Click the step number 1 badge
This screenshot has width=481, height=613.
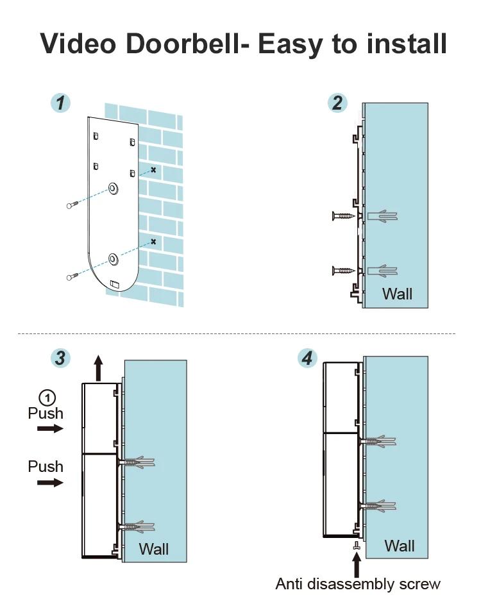click(60, 103)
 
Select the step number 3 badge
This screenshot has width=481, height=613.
click(60, 358)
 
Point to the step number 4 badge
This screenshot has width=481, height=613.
click(308, 358)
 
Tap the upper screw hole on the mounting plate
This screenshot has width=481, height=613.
click(113, 189)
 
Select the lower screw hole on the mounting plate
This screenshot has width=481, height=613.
click(113, 259)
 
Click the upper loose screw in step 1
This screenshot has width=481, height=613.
click(72, 205)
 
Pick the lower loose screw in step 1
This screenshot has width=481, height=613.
click(72, 276)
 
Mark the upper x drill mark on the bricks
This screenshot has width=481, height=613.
click(153, 170)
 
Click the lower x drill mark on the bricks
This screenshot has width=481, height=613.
click(153, 242)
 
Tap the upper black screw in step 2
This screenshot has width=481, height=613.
click(344, 216)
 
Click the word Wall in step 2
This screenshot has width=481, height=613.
click(397, 294)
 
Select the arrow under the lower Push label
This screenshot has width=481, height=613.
click(50, 482)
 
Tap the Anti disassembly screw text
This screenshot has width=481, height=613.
click(358, 584)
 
